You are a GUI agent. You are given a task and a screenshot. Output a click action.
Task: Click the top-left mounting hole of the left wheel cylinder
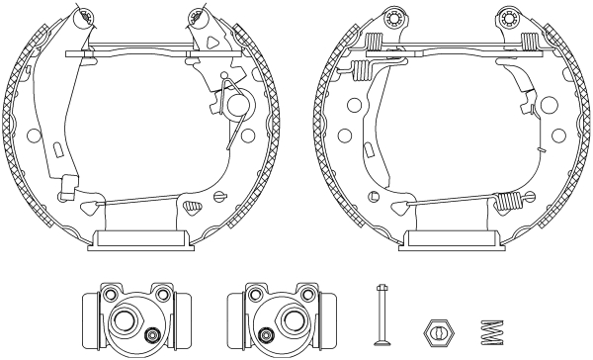pos(107,293)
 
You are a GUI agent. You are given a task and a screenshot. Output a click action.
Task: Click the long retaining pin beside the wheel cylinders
pos(383,312)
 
